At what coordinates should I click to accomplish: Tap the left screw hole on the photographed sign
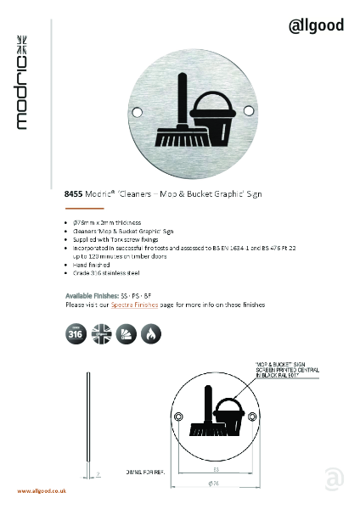point(141,109)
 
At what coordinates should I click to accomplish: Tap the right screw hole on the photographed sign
point(250,110)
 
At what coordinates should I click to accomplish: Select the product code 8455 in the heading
point(75,194)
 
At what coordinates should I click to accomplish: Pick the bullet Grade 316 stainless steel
point(105,274)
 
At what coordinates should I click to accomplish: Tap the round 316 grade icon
point(74,333)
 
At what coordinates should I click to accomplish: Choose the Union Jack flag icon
point(100,333)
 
